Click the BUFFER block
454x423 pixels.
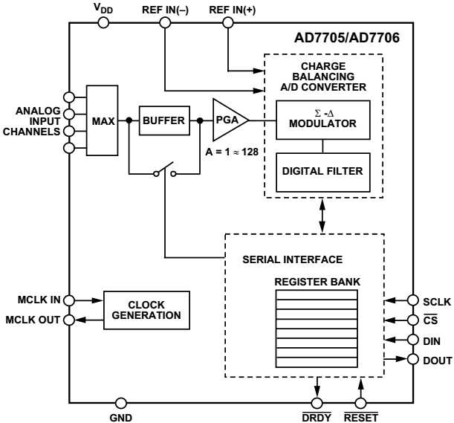pos(163,120)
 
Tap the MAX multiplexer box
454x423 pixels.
pos(103,120)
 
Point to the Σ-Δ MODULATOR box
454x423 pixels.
pos(322,120)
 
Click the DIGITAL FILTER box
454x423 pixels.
pos(322,171)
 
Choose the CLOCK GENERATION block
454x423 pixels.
pos(146,311)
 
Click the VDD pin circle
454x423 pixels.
pos(103,22)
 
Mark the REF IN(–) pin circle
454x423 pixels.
pos(164,22)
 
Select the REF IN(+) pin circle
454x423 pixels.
pos(229,22)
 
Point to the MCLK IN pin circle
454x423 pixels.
pos(70,301)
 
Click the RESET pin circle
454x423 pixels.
pos(360,403)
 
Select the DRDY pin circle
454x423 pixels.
pos(318,403)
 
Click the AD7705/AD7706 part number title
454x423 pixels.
pos(347,38)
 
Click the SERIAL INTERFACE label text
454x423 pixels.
pos(292,259)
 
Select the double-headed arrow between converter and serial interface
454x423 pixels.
pos(322,216)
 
